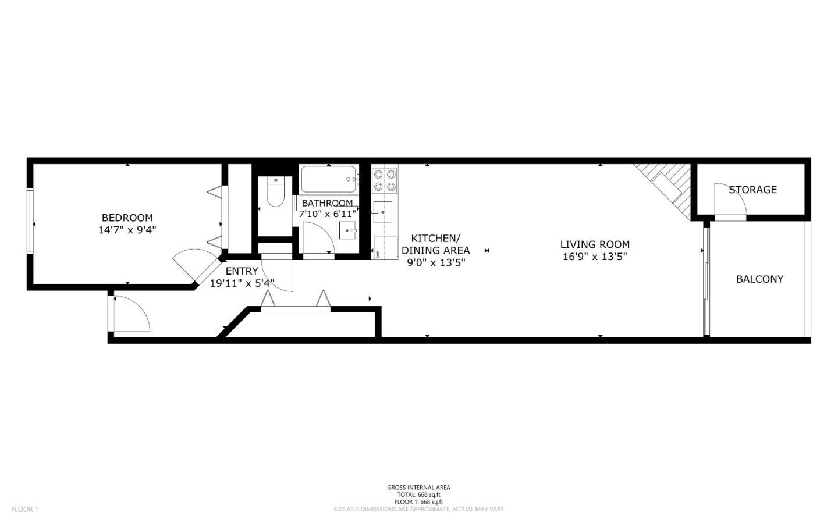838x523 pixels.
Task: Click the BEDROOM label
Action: [127, 218]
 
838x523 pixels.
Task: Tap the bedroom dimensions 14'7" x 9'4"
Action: [127, 230]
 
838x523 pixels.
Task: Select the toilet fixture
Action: [275, 192]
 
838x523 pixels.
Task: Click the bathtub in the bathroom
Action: [328, 179]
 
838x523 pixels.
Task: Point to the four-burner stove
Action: [385, 180]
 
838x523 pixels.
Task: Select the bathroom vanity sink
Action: [349, 230]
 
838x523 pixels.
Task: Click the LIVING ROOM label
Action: [595, 244]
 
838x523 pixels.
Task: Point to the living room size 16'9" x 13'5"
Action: [595, 257]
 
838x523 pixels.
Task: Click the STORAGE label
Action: [752, 190]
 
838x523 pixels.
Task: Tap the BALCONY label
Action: [759, 279]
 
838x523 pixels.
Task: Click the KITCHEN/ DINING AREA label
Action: [435, 244]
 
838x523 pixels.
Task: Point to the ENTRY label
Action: [242, 271]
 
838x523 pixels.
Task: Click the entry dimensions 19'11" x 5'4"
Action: [242, 284]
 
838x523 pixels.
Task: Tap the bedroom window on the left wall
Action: [30, 220]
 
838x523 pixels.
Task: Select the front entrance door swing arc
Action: [133, 314]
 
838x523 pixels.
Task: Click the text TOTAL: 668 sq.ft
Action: [418, 494]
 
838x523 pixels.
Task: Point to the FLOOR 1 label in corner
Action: [24, 510]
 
